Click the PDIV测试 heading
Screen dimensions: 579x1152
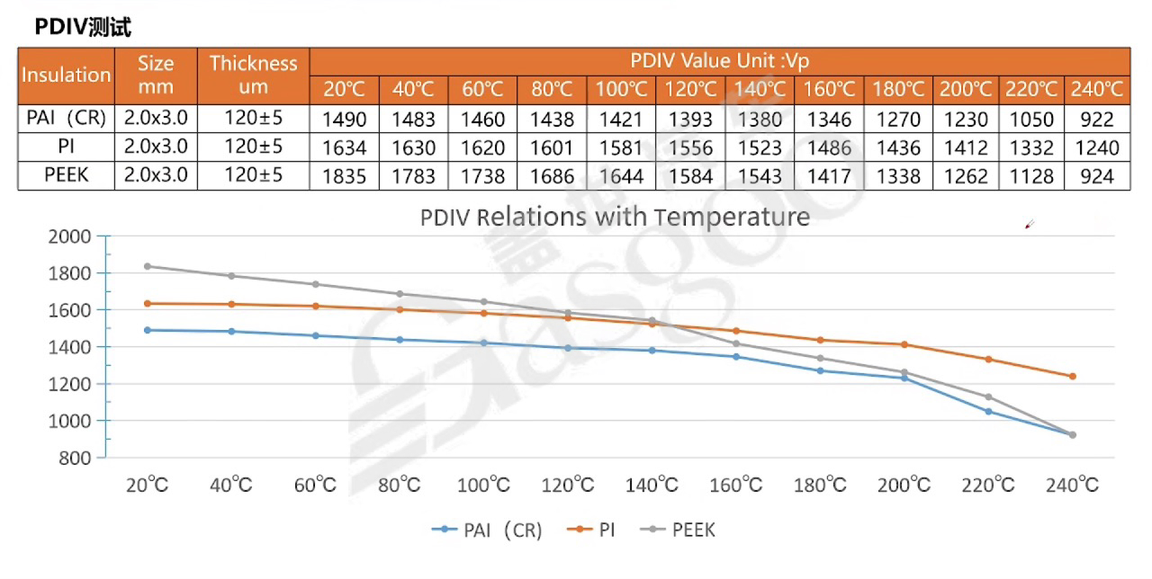point(83,28)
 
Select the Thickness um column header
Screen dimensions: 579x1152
point(253,75)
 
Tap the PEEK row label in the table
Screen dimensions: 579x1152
point(67,174)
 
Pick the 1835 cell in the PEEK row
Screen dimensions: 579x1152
point(344,176)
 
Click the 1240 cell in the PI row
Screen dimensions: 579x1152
point(1097,147)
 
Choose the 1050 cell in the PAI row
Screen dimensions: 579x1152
point(1031,120)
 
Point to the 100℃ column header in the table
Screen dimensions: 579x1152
point(621,89)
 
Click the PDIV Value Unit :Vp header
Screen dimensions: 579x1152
point(719,61)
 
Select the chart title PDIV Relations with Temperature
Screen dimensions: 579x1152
point(615,217)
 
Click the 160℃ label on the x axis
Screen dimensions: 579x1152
point(736,485)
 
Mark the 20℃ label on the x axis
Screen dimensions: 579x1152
point(147,485)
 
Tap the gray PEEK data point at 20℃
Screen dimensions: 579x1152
point(147,266)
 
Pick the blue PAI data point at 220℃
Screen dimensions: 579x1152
point(988,411)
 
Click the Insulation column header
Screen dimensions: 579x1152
point(66,75)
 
